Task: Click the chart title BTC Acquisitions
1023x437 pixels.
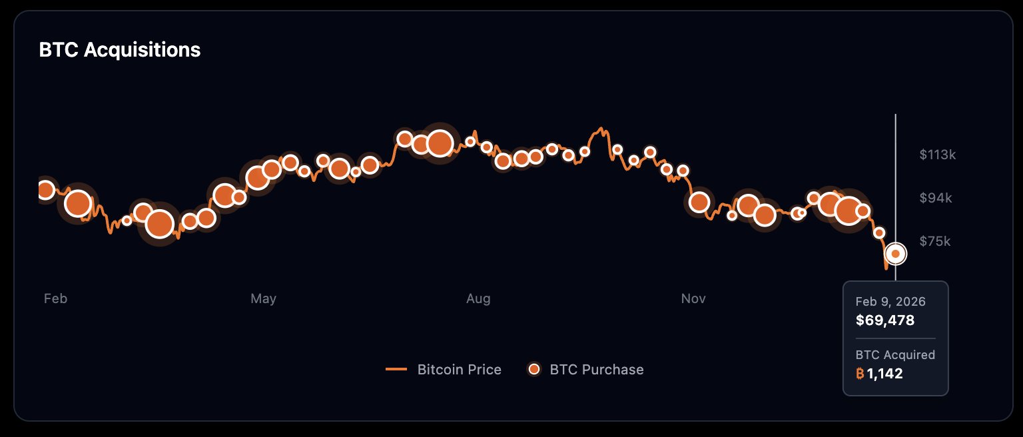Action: point(120,50)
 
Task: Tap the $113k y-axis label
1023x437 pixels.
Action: point(937,155)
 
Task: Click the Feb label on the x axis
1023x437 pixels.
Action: point(55,298)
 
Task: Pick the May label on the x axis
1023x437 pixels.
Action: point(263,298)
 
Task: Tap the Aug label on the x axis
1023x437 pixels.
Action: point(478,298)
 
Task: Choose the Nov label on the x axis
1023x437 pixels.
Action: point(693,298)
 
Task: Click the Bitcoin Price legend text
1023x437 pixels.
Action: point(459,369)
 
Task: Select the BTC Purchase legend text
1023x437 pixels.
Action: point(596,369)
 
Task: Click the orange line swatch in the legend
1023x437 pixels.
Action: point(396,369)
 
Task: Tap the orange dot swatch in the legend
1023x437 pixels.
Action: point(533,369)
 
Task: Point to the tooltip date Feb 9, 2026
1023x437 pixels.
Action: point(890,302)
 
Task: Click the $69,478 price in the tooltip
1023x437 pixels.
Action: point(884,320)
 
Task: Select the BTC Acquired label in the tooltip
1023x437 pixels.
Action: point(895,355)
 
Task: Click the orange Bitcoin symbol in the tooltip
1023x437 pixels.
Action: point(860,374)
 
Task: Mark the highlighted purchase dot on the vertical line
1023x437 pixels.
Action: point(896,254)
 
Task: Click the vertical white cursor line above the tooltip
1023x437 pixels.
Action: point(896,173)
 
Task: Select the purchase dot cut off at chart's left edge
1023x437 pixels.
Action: point(45,190)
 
